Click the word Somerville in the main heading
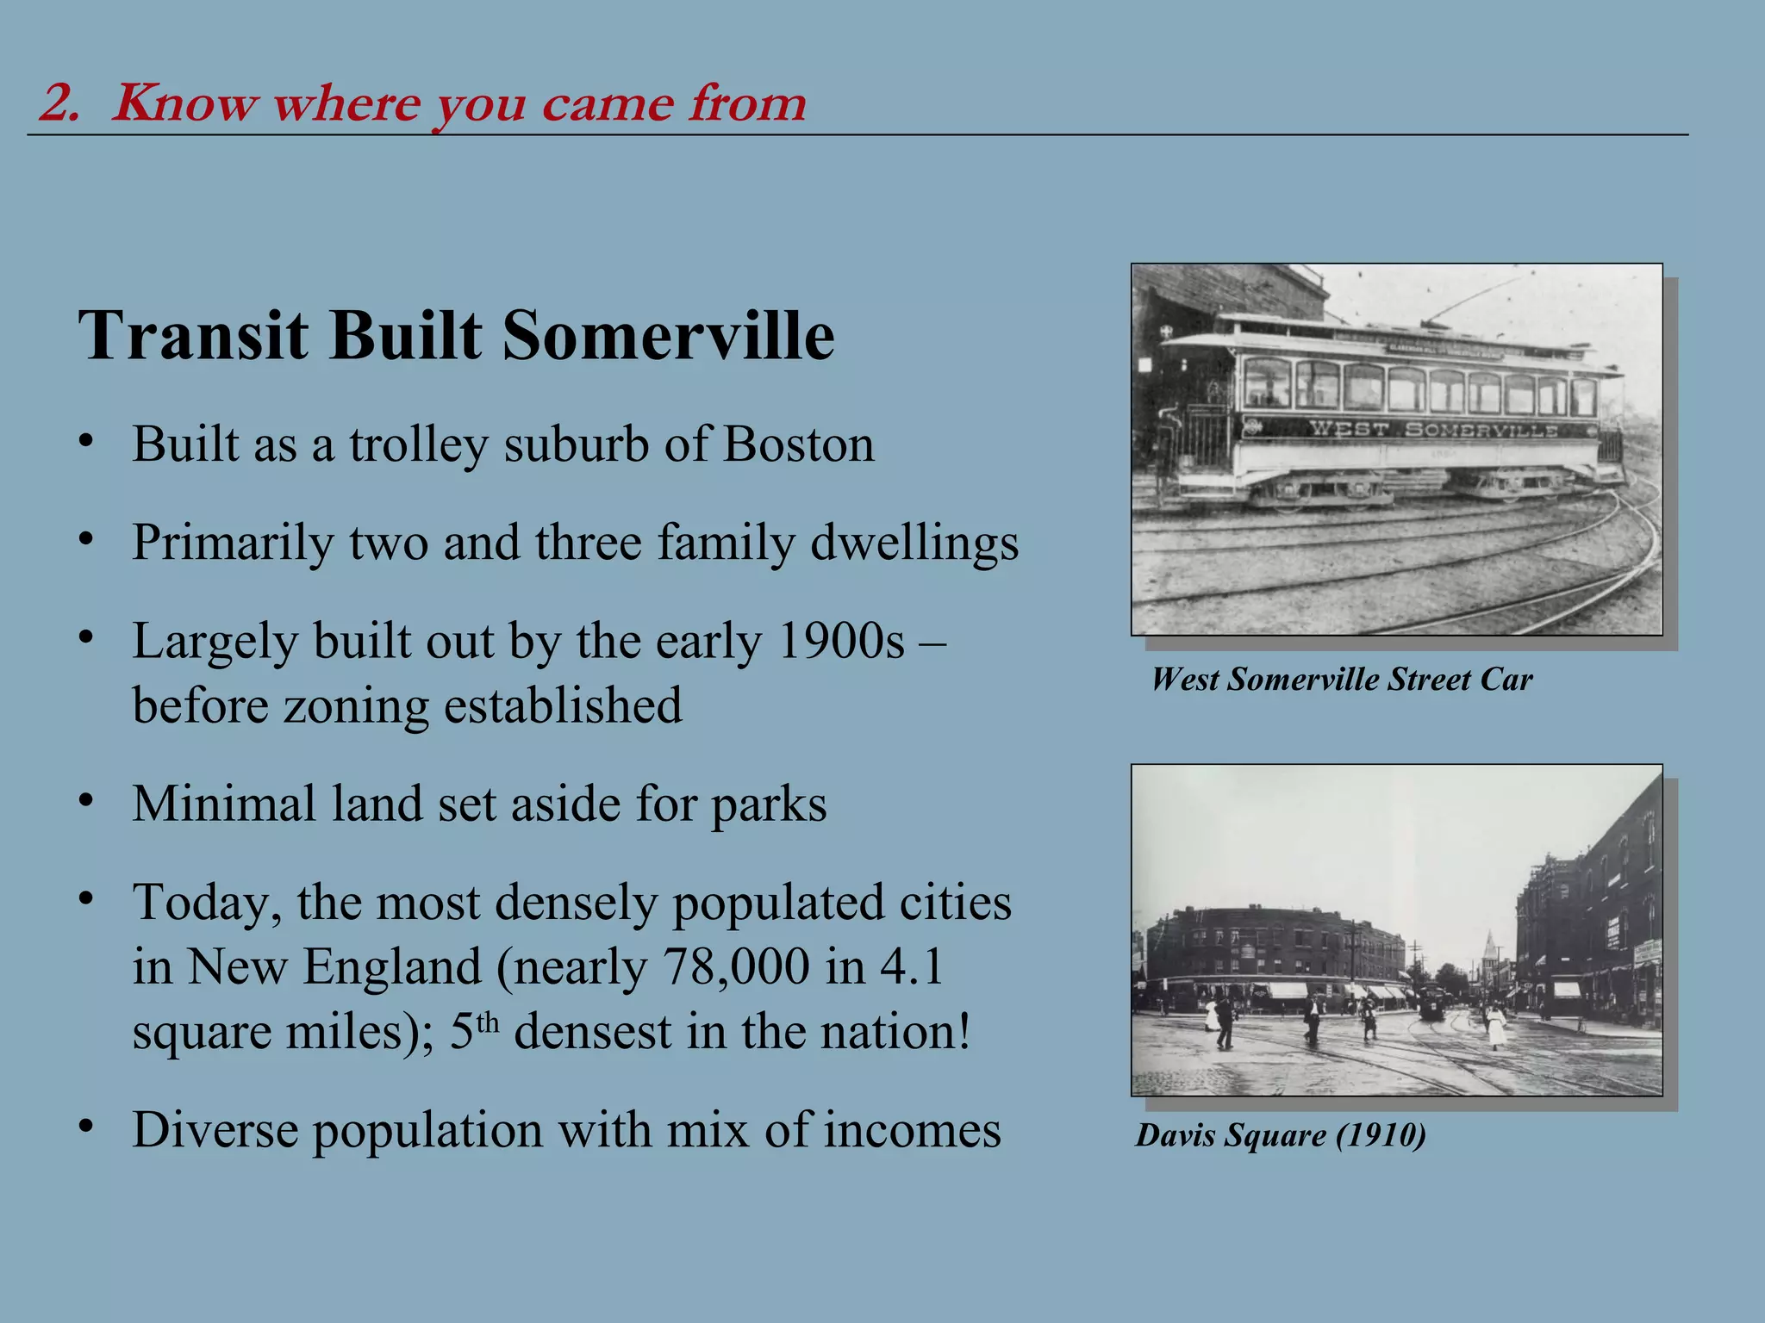tap(668, 335)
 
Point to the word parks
tap(769, 804)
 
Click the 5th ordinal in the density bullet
tap(474, 1031)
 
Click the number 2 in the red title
tap(58, 103)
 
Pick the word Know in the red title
tap(184, 103)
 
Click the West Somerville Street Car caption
tap(1341, 680)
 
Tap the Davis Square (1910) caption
tap(1280, 1135)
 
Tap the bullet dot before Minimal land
tap(84, 801)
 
